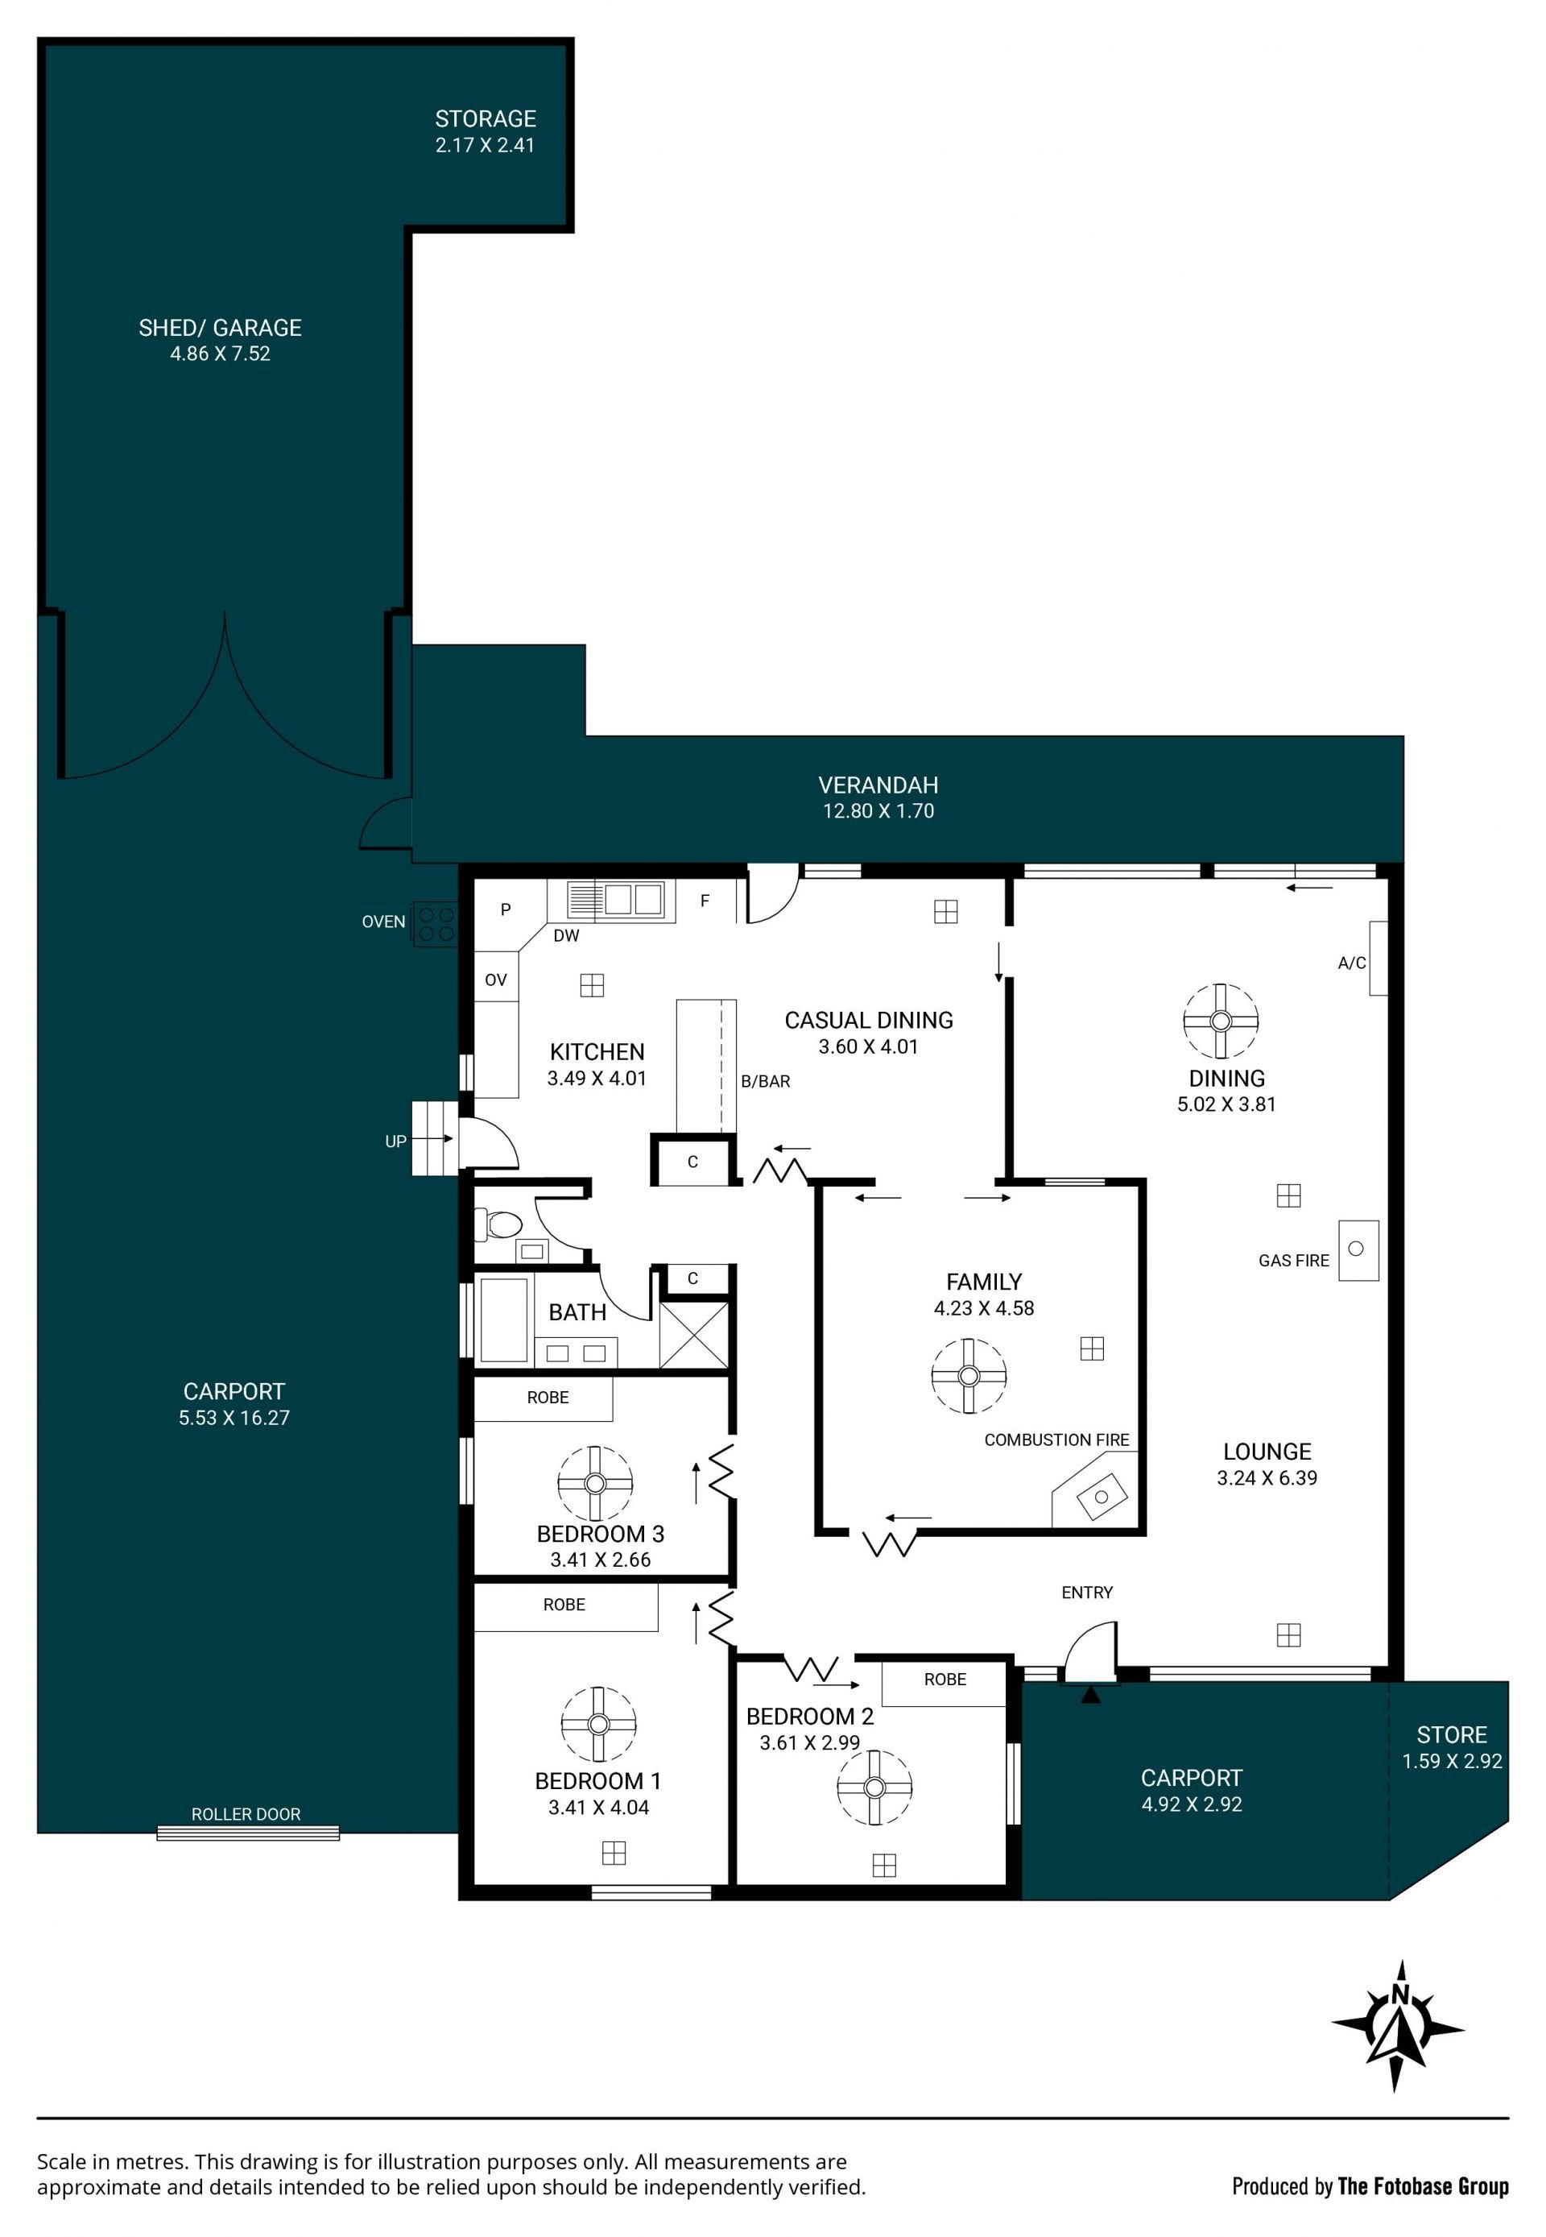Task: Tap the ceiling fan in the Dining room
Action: click(1221, 1021)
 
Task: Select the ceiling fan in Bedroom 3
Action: click(595, 1483)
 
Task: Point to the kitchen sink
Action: click(616, 899)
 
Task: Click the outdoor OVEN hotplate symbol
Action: click(435, 923)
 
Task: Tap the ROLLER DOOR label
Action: click(246, 1813)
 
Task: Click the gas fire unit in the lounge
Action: click(1358, 1249)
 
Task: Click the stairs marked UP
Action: click(434, 1138)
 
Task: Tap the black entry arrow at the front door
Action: click(1091, 1693)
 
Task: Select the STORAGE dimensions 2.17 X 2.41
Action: click(485, 145)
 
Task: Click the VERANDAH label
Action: click(878, 785)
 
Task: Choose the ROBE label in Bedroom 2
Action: click(945, 1679)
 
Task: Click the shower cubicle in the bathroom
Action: click(692, 1335)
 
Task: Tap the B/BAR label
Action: click(765, 1081)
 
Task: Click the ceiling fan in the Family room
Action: click(969, 1376)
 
